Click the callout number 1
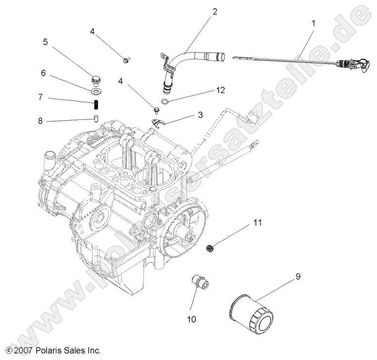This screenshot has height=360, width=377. tap(313, 23)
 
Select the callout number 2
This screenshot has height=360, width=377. tap(215, 11)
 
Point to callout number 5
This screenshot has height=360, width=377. tap(45, 42)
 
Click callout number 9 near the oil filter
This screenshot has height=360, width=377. tap(298, 277)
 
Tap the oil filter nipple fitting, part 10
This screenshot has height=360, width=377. tap(201, 285)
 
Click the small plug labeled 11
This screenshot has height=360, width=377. tap(210, 247)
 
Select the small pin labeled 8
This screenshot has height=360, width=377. tap(97, 118)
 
